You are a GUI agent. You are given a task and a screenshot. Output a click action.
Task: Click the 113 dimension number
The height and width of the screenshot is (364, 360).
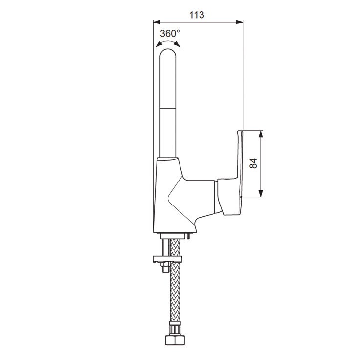[197, 15]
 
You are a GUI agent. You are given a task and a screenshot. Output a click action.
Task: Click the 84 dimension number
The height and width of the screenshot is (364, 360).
[254, 163]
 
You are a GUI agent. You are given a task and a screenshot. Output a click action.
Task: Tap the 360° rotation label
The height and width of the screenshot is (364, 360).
[170, 34]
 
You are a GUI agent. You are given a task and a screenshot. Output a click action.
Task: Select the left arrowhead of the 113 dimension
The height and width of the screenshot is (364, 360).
[157, 22]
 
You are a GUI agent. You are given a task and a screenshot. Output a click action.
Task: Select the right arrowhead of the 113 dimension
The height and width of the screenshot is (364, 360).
[239, 22]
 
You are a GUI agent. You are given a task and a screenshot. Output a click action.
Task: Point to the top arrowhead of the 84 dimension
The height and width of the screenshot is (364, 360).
[261, 134]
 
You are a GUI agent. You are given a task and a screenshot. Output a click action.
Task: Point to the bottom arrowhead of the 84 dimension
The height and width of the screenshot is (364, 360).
[261, 193]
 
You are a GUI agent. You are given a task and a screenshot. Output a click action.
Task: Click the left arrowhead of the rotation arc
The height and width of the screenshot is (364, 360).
[159, 45]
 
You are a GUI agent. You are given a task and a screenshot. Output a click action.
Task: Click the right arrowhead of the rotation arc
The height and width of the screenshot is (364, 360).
[177, 45]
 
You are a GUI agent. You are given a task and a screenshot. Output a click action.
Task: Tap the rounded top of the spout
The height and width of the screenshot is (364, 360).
[168, 53]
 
